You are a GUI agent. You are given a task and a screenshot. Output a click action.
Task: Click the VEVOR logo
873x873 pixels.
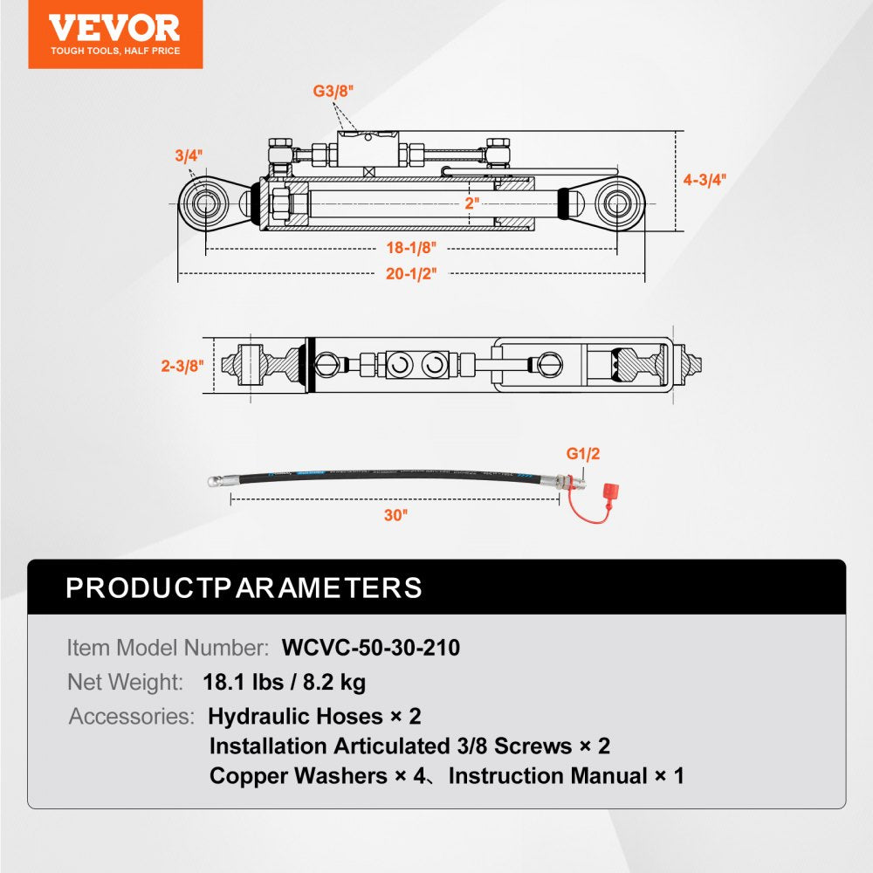[x=114, y=33]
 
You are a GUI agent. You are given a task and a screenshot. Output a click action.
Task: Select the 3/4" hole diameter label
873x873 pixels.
[x=188, y=155]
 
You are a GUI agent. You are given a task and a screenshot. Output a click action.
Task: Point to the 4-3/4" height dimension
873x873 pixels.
[x=705, y=181]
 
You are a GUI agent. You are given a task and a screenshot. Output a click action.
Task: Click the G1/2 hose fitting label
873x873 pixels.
[x=584, y=454]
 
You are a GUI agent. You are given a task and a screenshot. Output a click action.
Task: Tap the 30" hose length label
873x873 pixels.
[x=395, y=515]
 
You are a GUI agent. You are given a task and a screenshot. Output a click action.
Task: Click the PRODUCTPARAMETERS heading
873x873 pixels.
[x=244, y=588]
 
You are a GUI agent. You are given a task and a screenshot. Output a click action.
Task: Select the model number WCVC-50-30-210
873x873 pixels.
[x=371, y=648]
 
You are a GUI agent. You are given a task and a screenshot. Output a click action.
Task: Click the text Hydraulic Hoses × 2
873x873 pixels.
[x=314, y=717]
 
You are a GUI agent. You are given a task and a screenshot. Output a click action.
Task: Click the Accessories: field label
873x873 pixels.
[x=132, y=717]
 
